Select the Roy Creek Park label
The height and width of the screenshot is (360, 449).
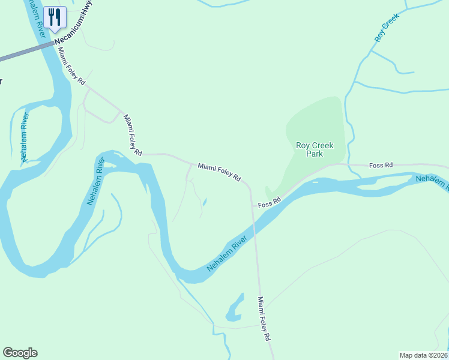[314, 149]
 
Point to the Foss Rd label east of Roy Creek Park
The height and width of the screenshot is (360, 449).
[381, 164]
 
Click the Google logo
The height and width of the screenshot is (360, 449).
[20, 353]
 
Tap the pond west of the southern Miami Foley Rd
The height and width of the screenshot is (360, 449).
[235, 308]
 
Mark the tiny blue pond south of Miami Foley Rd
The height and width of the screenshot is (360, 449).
[205, 202]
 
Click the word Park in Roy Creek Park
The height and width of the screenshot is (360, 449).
[314, 154]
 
